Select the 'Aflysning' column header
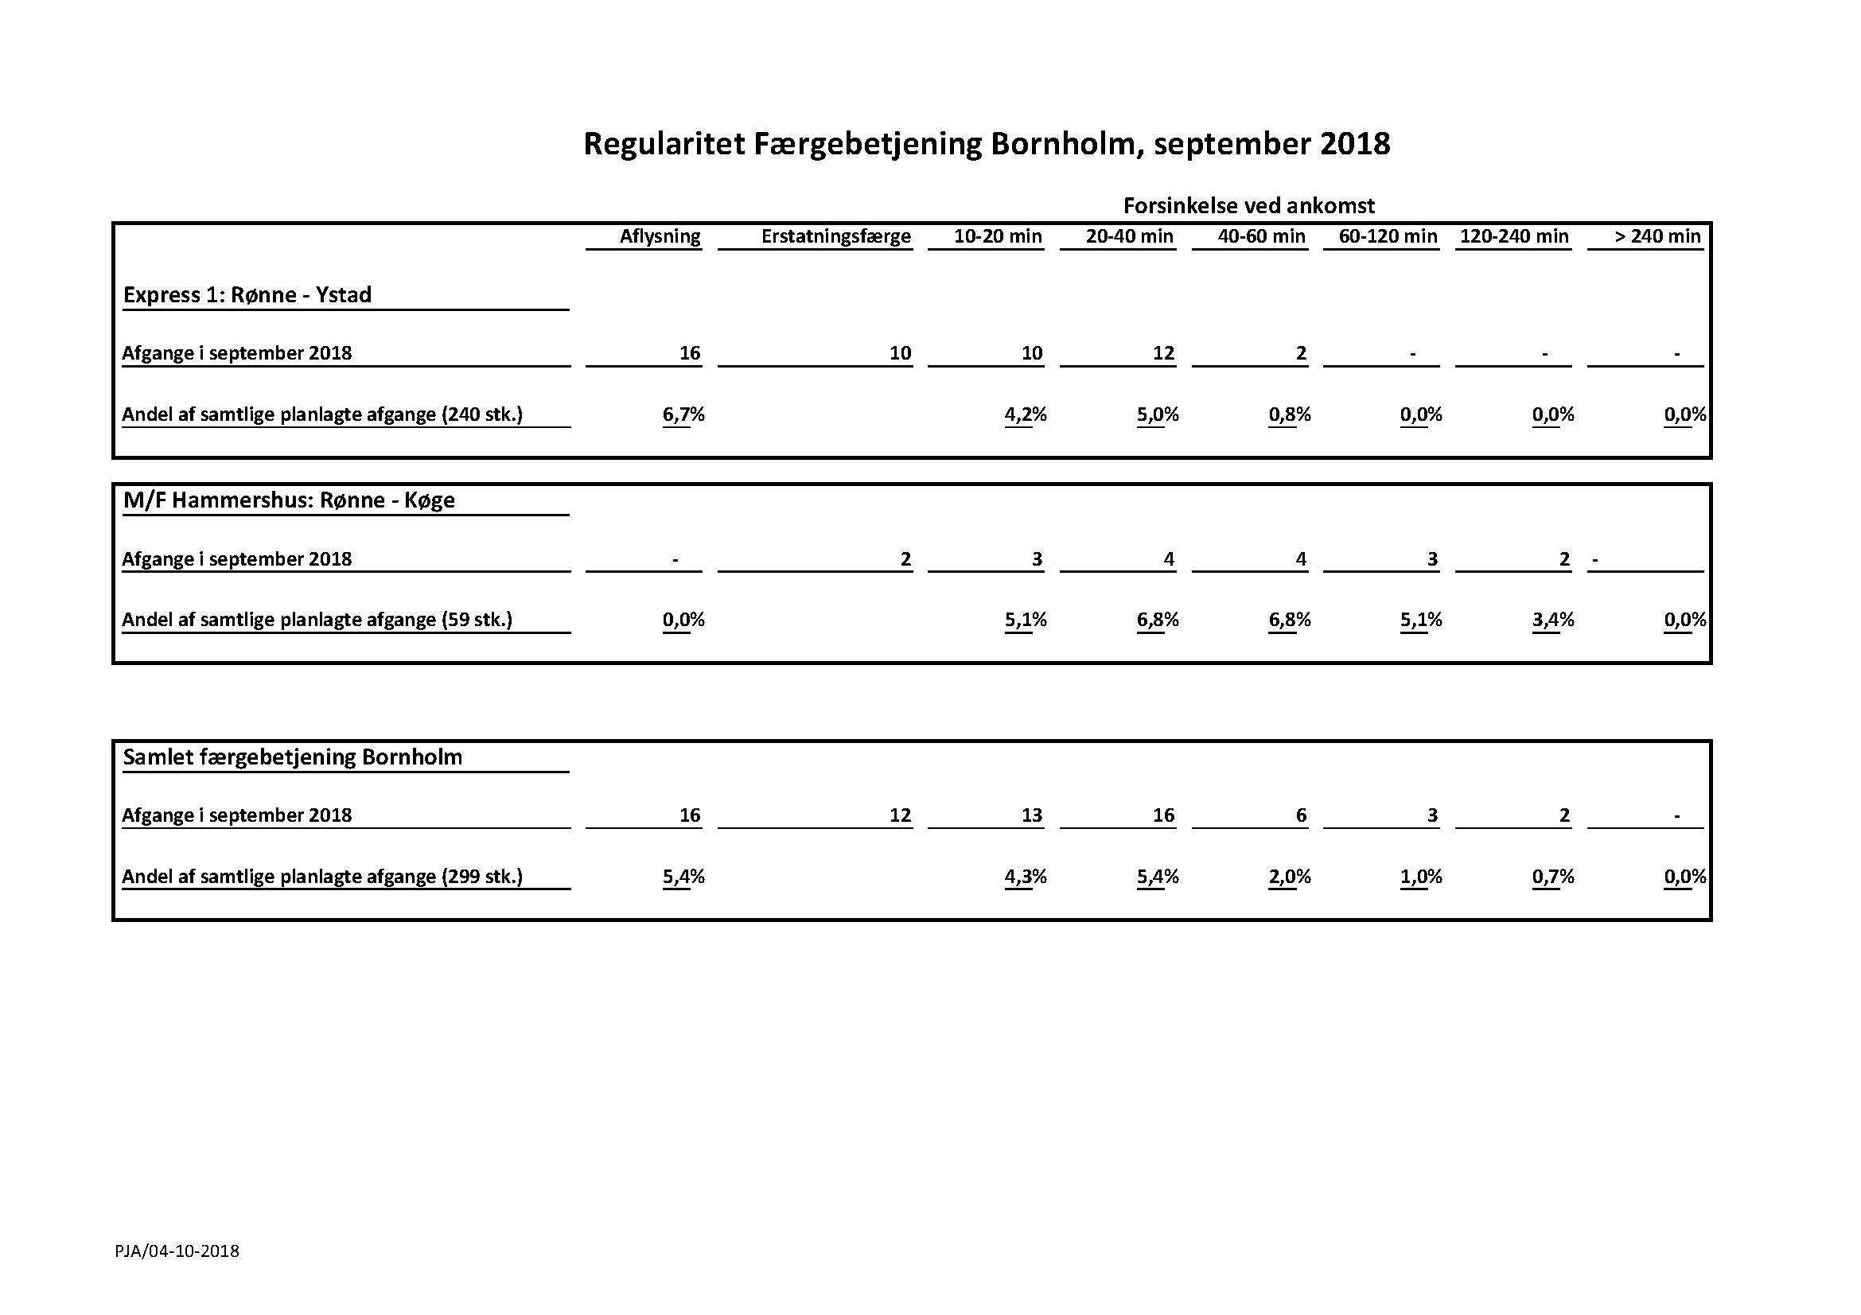[x=660, y=236]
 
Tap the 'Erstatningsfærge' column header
[x=835, y=236]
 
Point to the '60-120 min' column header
[x=1388, y=236]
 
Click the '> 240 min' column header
[x=1657, y=236]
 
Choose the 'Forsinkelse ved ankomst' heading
[x=1248, y=206]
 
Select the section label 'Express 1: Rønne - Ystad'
[x=247, y=294]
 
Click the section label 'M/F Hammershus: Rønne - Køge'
[x=289, y=500]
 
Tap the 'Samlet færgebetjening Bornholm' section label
[x=293, y=757]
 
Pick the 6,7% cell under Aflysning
[x=683, y=414]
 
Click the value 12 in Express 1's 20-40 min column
[x=1163, y=353]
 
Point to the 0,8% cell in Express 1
[x=1290, y=414]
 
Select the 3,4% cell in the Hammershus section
[x=1553, y=620]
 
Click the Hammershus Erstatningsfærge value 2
[x=905, y=559]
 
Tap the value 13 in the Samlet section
[x=1031, y=815]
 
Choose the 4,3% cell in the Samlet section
[x=1026, y=877]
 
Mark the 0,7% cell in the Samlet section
[x=1553, y=877]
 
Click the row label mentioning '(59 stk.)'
[x=317, y=620]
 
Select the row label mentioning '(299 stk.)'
[x=321, y=877]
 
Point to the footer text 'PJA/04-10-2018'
[x=177, y=1251]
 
